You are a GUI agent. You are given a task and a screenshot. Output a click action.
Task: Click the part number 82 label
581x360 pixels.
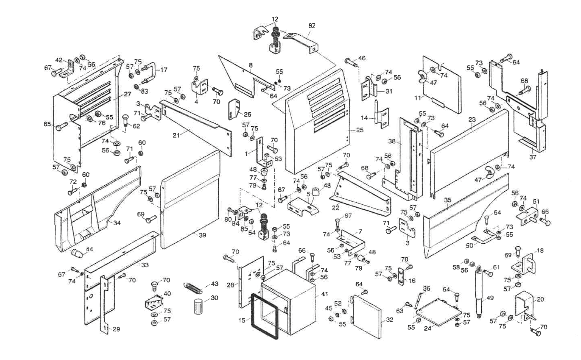point(312,26)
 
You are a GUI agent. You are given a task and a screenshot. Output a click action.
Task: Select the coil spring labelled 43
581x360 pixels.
point(193,287)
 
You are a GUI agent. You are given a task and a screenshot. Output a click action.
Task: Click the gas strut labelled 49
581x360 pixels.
point(480,294)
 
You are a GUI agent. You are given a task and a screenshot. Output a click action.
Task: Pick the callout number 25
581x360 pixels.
point(360,130)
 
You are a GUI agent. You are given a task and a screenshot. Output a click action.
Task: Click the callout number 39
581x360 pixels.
point(202,236)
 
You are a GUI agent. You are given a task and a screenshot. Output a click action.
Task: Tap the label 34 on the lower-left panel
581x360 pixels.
point(117,223)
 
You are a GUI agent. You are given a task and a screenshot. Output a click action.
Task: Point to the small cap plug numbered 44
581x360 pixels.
point(77,253)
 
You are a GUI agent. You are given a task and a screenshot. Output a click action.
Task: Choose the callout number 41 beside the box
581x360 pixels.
point(324,294)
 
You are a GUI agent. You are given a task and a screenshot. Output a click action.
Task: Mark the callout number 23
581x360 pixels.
point(472,120)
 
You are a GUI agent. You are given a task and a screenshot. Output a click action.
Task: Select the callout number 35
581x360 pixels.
point(448,200)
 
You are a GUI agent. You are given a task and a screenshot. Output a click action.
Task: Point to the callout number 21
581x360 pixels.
point(176,135)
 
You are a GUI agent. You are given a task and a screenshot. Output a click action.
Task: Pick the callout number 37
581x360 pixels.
point(533,157)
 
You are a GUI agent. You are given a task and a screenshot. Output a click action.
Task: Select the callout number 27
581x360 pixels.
point(127,94)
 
